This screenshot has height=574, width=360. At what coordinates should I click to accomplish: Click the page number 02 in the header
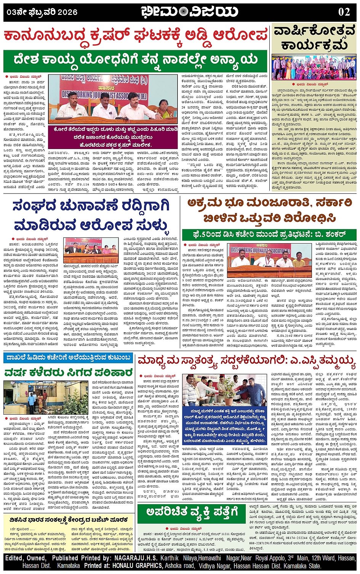tap(344, 11)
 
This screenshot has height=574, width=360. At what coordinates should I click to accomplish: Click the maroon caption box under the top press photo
tap(114, 137)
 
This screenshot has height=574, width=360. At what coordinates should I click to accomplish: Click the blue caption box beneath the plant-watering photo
tap(225, 425)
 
